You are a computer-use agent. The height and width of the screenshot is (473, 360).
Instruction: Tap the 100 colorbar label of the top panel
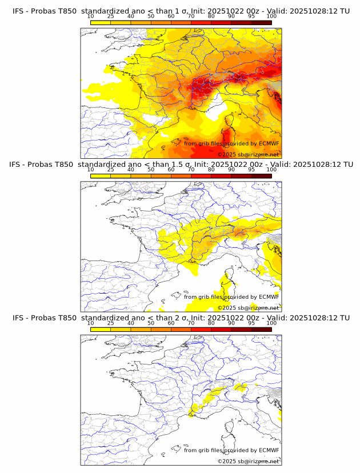click(271, 17)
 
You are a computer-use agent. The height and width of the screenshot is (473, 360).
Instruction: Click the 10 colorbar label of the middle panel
click(91, 170)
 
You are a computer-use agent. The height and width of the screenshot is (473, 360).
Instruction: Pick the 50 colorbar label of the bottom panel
click(151, 323)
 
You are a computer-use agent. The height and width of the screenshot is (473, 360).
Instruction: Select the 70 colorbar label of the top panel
click(191, 17)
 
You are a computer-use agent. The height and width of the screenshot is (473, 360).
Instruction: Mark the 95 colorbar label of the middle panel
click(251, 170)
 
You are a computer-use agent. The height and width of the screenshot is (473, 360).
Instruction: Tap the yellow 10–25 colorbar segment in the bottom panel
click(101, 329)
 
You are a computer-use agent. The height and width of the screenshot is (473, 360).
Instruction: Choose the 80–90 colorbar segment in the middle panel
click(221, 176)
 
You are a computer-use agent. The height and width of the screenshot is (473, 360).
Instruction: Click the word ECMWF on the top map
click(269, 143)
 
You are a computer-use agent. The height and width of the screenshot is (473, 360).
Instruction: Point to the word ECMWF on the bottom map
click(269, 450)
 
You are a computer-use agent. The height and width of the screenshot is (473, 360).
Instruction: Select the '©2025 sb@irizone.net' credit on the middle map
click(248, 308)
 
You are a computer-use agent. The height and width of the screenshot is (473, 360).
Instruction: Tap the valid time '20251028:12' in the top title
click(318, 11)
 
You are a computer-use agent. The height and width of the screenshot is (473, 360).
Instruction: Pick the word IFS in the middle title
click(18, 165)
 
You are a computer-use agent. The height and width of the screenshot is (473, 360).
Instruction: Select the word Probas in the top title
click(45, 11)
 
